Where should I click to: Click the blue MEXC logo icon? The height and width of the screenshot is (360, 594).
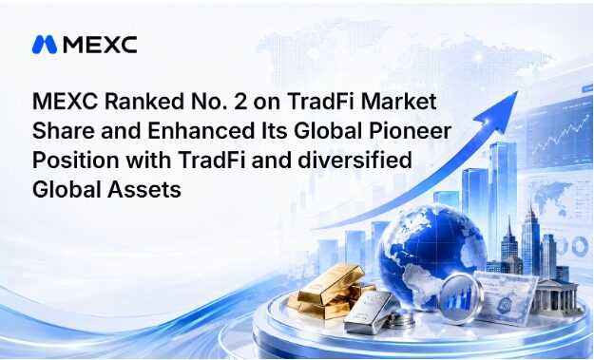pos(45,45)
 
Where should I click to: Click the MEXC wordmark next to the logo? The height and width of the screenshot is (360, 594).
pos(100,45)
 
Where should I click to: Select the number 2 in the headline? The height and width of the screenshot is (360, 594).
pos(240,102)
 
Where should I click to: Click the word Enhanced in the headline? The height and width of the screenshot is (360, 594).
pos(201,130)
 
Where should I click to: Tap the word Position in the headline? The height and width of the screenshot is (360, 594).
pos(75,161)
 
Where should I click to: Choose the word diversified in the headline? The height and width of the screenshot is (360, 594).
pos(354,160)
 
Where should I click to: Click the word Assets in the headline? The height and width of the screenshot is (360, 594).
pos(144,189)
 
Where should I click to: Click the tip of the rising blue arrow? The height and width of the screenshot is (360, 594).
pos(517,92)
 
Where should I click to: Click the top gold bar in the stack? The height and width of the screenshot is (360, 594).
pos(331,283)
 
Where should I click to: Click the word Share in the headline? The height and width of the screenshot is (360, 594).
pos(64,130)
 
